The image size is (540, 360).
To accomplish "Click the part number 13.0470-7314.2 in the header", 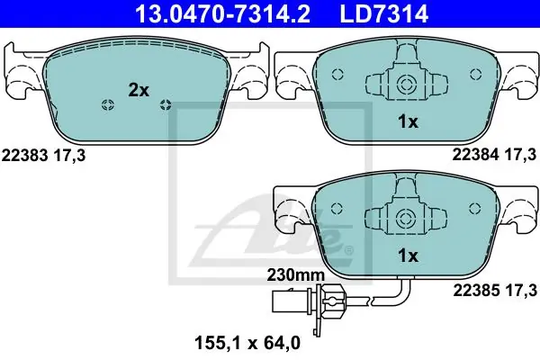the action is tap(223, 13).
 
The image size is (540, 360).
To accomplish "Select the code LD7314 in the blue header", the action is tap(384, 13).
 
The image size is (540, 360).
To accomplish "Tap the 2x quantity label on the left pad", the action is tap(139, 90).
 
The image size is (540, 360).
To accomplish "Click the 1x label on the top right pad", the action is tap(408, 122).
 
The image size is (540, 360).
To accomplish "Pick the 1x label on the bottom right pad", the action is tap(408, 256).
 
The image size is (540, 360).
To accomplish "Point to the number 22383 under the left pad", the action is tap(25, 156).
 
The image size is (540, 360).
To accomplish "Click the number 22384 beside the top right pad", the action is tap(475, 155).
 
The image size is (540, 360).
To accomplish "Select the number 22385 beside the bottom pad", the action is tap(476, 291).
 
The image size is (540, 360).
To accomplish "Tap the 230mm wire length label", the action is tap(296, 274).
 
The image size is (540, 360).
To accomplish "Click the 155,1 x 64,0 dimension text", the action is tap(247, 343).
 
